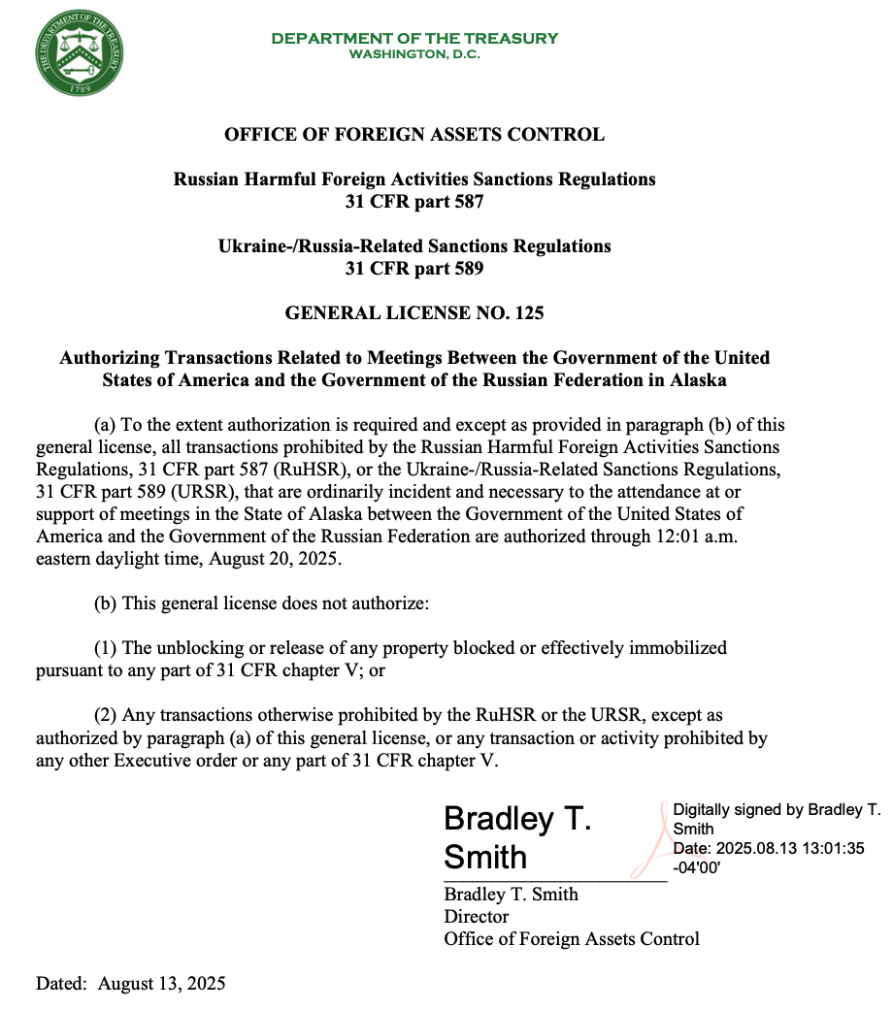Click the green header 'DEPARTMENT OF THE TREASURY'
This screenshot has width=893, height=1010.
click(x=414, y=38)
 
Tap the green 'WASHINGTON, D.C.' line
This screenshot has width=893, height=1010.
click(x=414, y=54)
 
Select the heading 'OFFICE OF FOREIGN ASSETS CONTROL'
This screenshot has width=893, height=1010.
click(x=414, y=135)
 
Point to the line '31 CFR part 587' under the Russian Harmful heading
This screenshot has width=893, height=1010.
click(x=414, y=202)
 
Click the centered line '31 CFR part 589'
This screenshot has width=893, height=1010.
click(x=414, y=269)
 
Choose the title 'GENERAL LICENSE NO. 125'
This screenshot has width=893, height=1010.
click(x=414, y=313)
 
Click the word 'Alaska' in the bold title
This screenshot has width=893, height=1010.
click(x=698, y=380)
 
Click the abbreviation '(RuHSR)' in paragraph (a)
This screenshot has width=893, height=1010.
click(x=281, y=470)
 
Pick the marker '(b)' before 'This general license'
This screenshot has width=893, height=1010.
click(x=106, y=603)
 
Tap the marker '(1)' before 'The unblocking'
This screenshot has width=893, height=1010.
click(x=106, y=648)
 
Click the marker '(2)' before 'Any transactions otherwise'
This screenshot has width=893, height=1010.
click(x=106, y=716)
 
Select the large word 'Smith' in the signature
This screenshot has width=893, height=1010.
click(x=485, y=858)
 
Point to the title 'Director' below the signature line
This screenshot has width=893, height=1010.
click(x=476, y=916)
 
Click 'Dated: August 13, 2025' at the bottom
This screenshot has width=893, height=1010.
click(x=131, y=983)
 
